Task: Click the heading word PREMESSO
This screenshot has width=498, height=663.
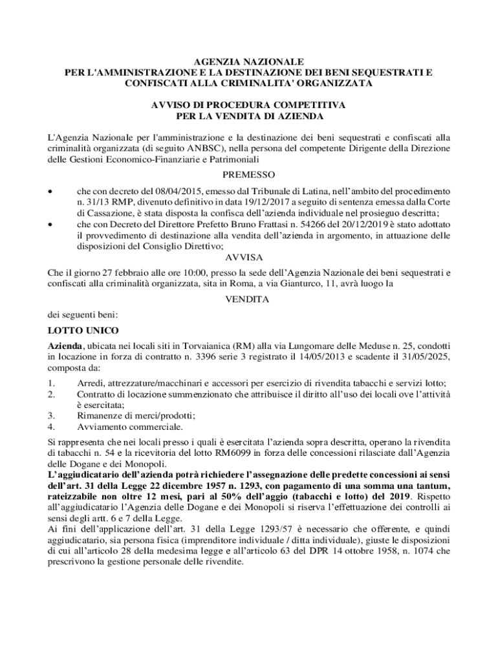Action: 249,175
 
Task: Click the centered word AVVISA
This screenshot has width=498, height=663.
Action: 248,257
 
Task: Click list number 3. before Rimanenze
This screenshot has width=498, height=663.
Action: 51,416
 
